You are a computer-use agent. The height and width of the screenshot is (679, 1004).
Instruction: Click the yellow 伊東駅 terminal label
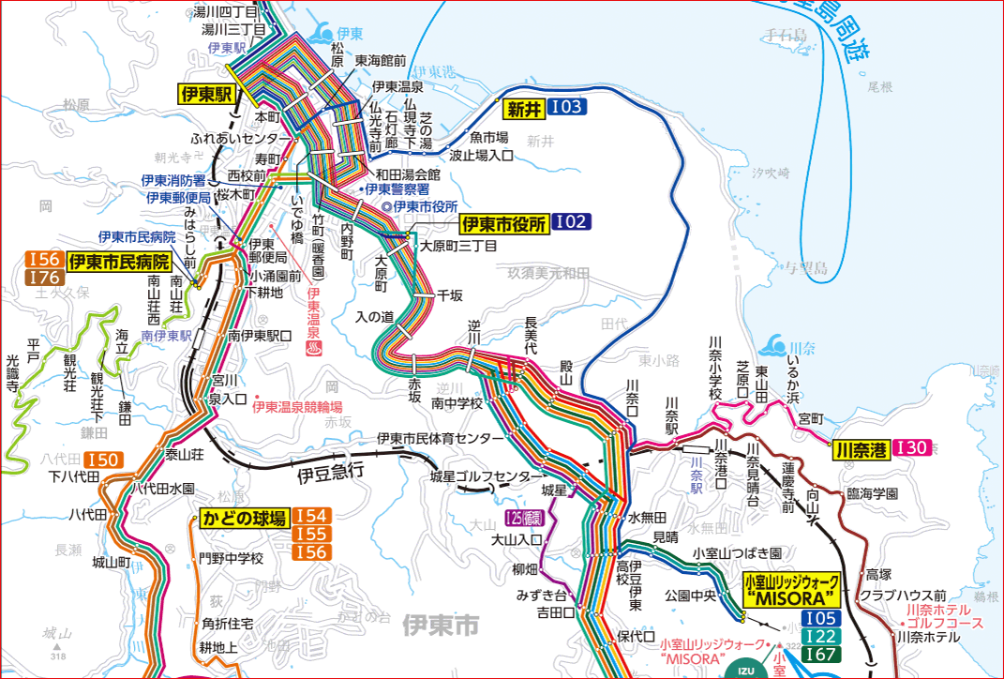click(x=205, y=94)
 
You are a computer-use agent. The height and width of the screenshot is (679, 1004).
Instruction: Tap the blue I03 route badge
click(x=568, y=108)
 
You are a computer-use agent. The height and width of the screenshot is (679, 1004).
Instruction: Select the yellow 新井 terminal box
click(x=525, y=108)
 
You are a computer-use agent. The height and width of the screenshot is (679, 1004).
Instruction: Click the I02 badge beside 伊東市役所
click(x=572, y=222)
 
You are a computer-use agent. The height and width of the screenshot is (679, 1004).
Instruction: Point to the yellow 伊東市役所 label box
click(x=503, y=223)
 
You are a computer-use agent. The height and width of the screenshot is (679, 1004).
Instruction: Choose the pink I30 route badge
click(x=912, y=448)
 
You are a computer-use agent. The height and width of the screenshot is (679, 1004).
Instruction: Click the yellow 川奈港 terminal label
click(x=861, y=448)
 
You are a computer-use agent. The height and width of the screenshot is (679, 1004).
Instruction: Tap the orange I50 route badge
click(x=103, y=460)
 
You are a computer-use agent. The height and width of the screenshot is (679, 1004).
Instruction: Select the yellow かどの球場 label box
click(x=243, y=518)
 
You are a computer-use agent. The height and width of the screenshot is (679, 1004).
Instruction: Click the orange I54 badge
click(x=311, y=517)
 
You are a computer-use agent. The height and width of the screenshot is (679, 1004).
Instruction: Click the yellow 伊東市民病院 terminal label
click(x=121, y=261)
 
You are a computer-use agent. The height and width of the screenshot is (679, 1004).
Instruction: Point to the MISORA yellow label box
click(x=789, y=590)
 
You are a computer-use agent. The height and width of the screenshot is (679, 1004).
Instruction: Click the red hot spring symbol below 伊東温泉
click(x=312, y=348)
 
